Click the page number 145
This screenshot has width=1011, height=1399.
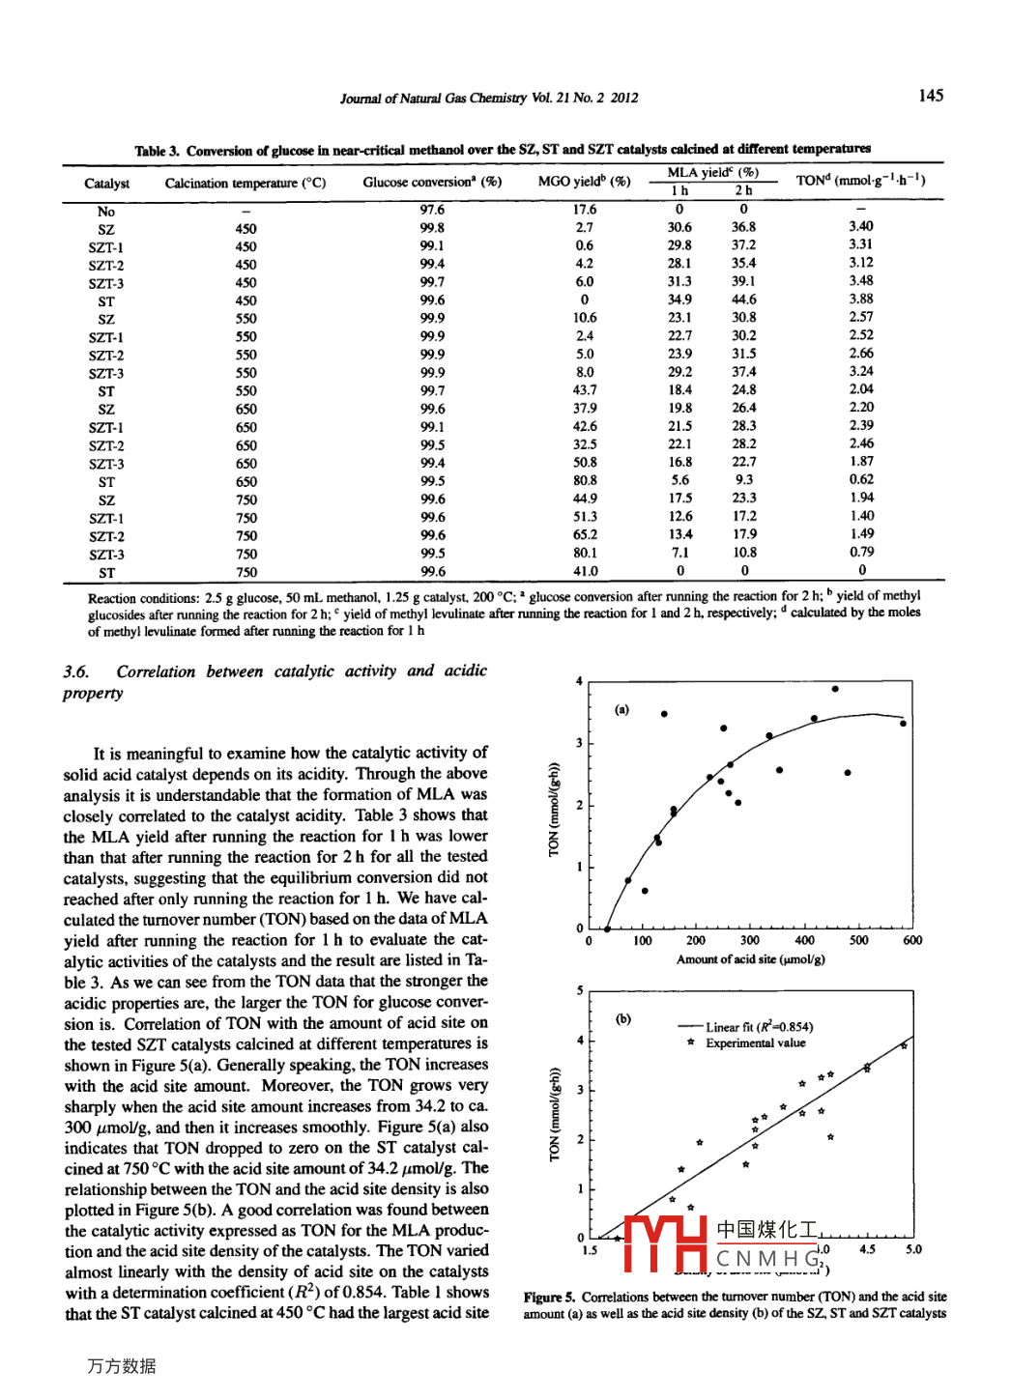coord(931,96)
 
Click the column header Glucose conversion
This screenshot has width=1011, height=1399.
coord(431,182)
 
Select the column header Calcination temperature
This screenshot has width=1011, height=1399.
coord(246,183)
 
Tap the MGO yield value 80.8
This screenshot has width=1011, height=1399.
coord(585,480)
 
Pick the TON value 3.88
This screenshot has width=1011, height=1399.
coord(860,300)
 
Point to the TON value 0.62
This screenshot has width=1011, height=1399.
coord(861,479)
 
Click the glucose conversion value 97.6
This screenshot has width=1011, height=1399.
coord(432,210)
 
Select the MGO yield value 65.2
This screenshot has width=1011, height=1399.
coord(585,534)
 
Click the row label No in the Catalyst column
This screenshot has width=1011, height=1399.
coord(106,212)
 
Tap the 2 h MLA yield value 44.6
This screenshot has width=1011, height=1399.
coord(743,300)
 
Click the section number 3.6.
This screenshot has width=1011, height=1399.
coord(76,671)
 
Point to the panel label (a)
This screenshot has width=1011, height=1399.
coord(621,710)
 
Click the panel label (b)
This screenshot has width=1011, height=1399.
coord(623,1018)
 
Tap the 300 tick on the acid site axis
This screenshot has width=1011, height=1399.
coord(749,940)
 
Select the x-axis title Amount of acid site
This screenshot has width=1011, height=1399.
coord(750,959)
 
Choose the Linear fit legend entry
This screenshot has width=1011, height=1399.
coord(758,1027)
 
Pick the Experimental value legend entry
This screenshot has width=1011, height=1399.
coord(754,1043)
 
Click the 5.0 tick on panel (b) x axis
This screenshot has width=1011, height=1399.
coord(912,1249)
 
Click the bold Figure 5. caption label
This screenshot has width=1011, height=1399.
coord(549,1298)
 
